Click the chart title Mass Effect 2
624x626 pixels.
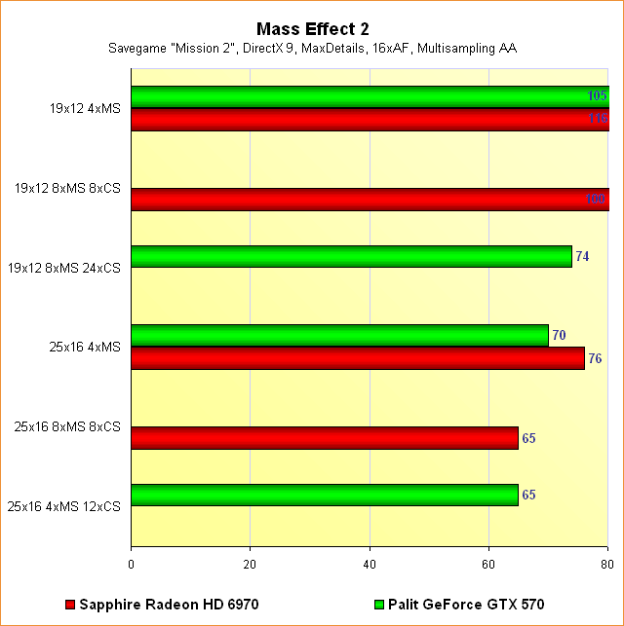[312, 29]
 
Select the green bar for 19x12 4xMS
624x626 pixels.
[370, 96]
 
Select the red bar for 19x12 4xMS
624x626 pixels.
[370, 119]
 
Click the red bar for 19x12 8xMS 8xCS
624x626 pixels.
[370, 199]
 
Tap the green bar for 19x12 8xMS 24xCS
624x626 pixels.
[351, 256]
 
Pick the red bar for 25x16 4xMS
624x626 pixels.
[358, 357]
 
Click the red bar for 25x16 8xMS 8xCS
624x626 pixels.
[324, 438]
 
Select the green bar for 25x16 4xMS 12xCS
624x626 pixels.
[324, 495]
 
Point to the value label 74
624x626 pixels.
[582, 257]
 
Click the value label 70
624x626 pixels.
[559, 336]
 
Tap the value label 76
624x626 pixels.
[595, 358]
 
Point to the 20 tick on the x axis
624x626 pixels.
[251, 563]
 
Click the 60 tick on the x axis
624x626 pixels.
[489, 563]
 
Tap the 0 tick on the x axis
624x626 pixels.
[132, 563]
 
